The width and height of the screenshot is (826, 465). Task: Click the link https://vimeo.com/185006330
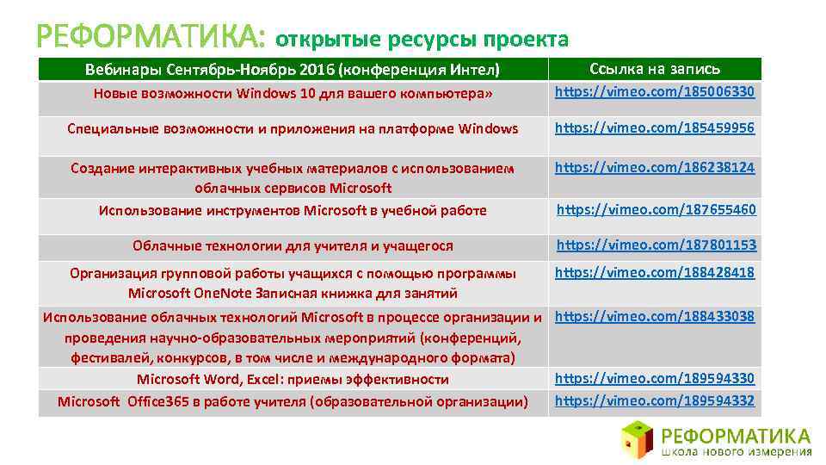coord(655,90)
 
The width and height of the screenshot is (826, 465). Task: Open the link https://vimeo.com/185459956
coord(655,128)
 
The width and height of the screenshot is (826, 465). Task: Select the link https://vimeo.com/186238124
coord(655,167)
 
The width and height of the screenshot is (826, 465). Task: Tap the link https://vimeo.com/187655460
coord(656,209)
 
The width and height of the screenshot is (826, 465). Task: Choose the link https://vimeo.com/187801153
coord(656,245)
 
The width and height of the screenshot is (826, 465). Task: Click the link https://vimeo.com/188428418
coord(655,273)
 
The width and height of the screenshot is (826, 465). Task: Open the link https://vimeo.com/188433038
coord(655,316)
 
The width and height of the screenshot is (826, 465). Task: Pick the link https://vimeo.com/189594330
coord(655,378)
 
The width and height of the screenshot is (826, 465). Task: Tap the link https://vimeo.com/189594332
coord(655,400)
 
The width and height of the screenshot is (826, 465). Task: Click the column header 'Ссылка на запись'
coord(655,69)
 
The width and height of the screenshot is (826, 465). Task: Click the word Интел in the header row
coord(472,69)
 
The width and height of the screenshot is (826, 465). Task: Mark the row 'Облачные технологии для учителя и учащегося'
coord(293,246)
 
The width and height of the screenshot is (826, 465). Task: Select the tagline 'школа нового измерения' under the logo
coord(737,451)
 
